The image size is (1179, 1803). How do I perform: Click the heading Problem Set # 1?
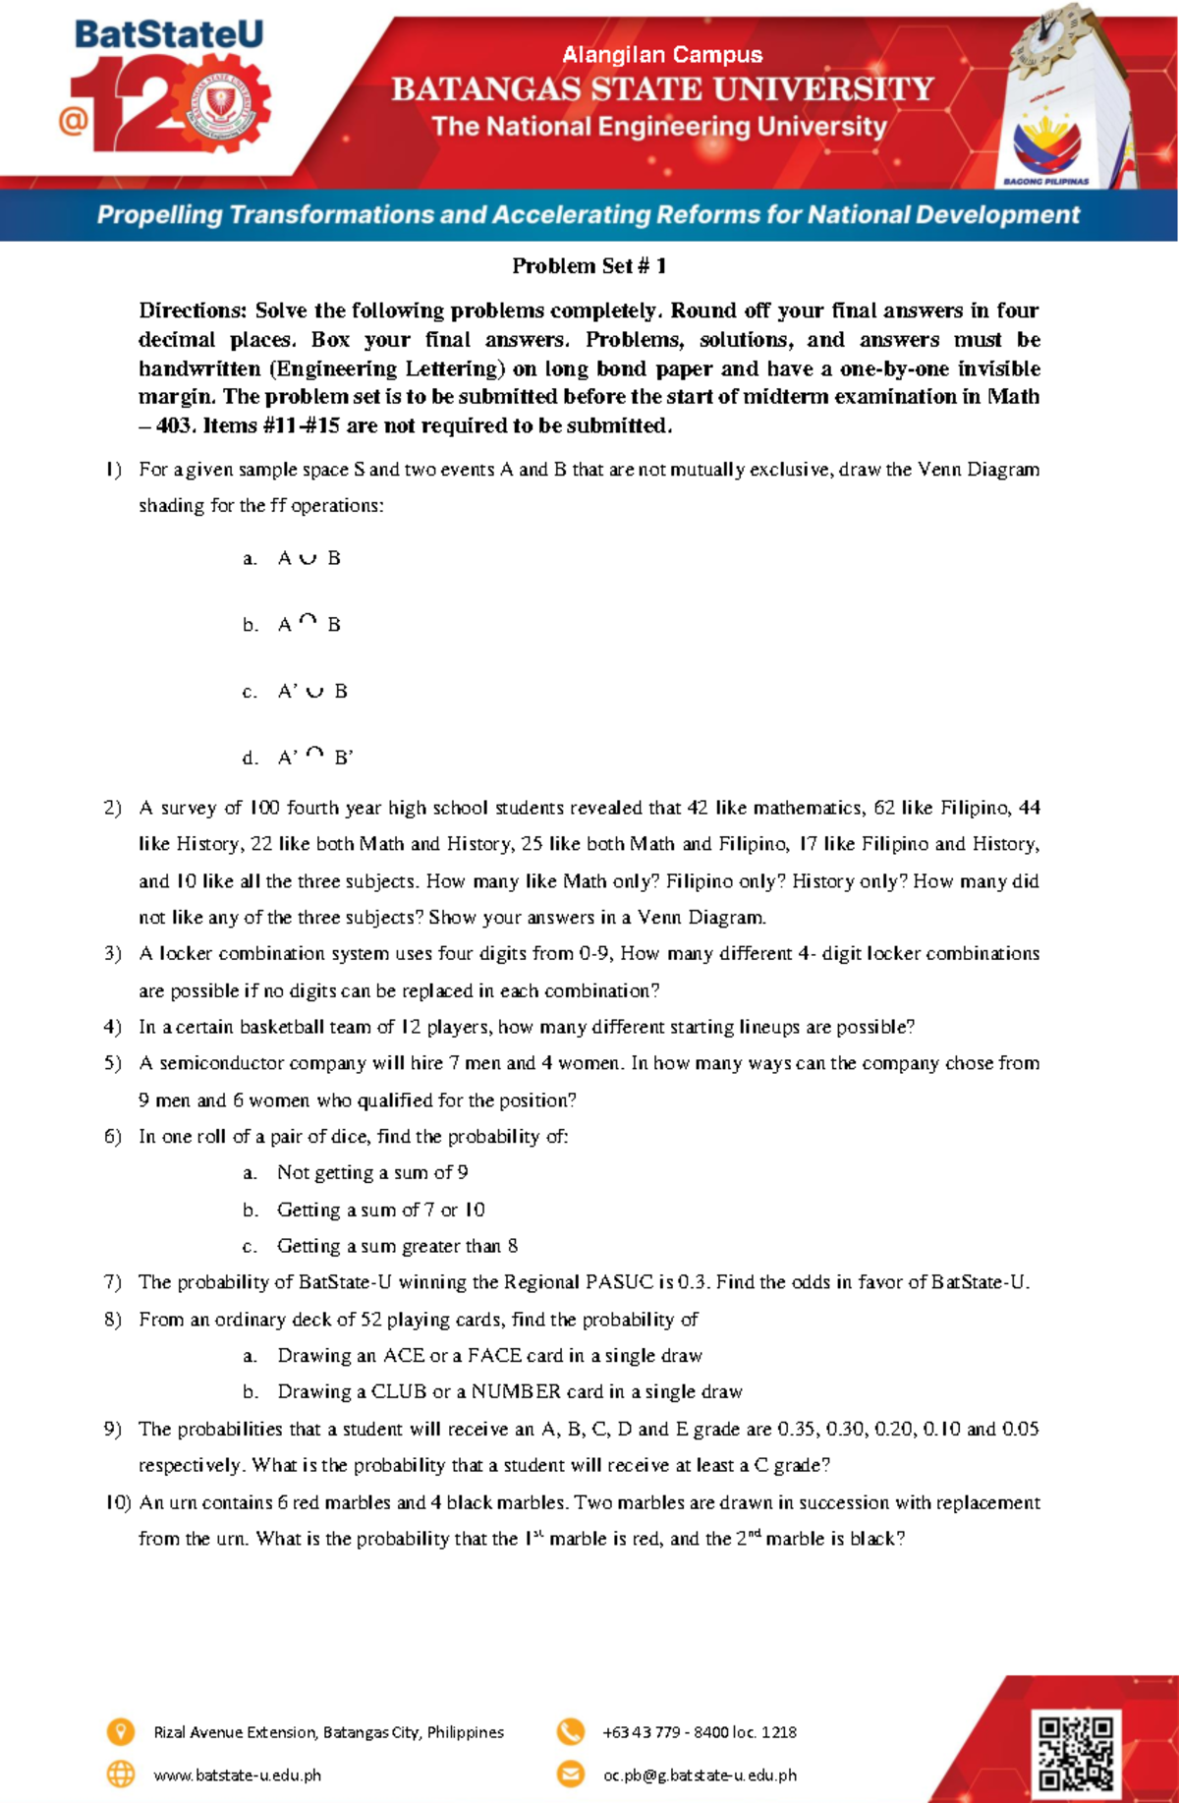pyautogui.click(x=589, y=266)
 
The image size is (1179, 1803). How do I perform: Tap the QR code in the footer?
pyautogui.click(x=1076, y=1753)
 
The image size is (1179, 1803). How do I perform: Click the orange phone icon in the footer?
pyautogui.click(x=570, y=1731)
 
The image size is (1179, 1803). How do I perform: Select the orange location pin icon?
pyautogui.click(x=120, y=1731)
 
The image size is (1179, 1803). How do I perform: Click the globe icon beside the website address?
pyautogui.click(x=120, y=1775)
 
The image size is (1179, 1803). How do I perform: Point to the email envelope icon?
pyautogui.click(x=570, y=1775)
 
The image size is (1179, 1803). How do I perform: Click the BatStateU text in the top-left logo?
pyautogui.click(x=169, y=35)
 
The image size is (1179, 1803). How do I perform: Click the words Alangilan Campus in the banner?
pyautogui.click(x=662, y=55)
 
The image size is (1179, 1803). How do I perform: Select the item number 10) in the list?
pyautogui.click(x=118, y=1502)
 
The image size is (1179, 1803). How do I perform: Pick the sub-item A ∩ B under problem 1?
pyautogui.click(x=309, y=625)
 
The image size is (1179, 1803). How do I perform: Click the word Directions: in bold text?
pyautogui.click(x=193, y=311)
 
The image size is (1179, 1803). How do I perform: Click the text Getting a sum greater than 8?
pyautogui.click(x=397, y=1246)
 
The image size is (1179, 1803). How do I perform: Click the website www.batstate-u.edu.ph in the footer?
pyautogui.click(x=237, y=1775)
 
